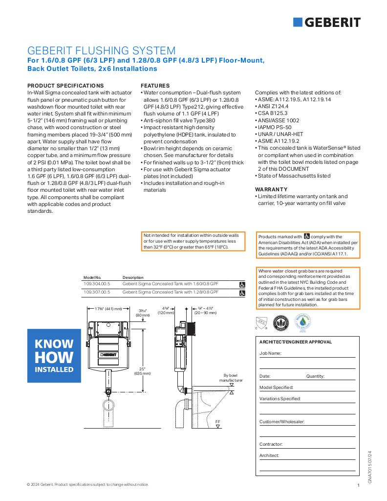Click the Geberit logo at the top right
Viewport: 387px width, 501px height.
[327, 22]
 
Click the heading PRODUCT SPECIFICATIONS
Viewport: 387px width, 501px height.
[65, 86]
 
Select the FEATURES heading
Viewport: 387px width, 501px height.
[155, 86]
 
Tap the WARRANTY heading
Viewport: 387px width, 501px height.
[271, 189]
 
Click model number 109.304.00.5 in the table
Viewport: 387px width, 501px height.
[97, 283]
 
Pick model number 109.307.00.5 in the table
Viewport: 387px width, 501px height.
[97, 292]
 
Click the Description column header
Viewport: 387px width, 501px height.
[133, 277]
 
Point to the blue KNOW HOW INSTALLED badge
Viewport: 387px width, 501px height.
[54, 356]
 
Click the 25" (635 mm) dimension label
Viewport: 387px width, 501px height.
[142, 371]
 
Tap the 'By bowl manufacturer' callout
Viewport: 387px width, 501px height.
[231, 378]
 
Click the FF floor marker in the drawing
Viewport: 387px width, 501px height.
[217, 421]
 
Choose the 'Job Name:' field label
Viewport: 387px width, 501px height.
[270, 353]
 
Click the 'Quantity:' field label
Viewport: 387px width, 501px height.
[315, 376]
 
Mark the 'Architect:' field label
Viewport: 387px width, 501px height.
[269, 455]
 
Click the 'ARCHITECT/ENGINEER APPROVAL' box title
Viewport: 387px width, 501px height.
[295, 342]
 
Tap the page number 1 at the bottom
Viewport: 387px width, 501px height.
[358, 485]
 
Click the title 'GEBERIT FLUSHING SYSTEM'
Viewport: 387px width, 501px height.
[101, 51]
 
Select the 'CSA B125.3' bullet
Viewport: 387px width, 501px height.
[272, 113]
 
